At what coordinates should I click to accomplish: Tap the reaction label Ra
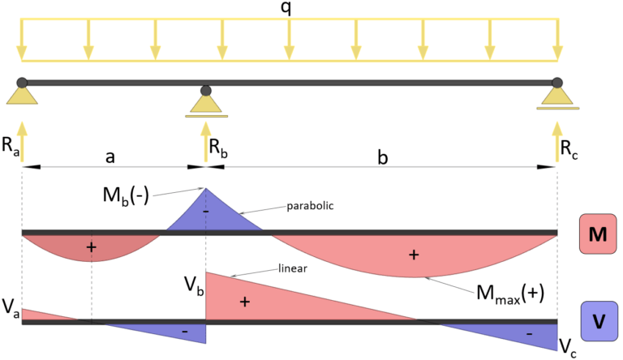(9, 147)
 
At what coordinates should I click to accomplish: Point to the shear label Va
(11, 306)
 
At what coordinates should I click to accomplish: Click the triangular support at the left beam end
(22, 95)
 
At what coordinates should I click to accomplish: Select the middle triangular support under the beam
(206, 103)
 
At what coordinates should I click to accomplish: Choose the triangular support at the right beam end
(557, 95)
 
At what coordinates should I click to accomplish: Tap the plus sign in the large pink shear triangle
(243, 302)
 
